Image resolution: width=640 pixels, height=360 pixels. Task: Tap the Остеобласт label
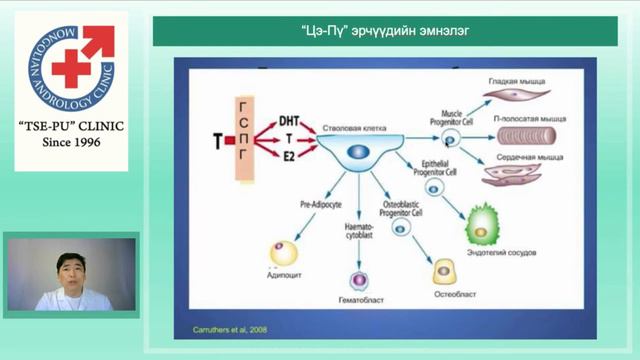[441, 296]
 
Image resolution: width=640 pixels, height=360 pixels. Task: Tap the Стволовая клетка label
[348, 130]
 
